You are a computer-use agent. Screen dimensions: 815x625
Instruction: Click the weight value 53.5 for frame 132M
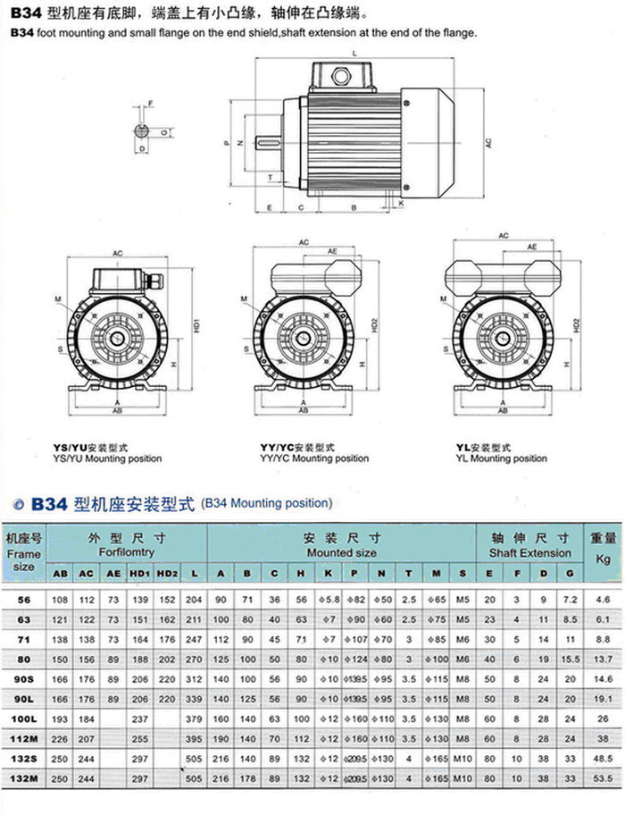603,802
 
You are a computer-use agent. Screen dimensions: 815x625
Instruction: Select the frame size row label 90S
24,679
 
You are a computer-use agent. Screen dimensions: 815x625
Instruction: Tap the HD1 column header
139,573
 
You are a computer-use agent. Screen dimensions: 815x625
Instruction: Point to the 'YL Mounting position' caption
501,458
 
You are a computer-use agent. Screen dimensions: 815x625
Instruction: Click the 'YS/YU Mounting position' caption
108,458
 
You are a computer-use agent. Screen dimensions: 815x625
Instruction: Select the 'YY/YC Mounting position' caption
313,458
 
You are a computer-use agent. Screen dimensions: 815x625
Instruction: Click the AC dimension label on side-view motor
488,142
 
